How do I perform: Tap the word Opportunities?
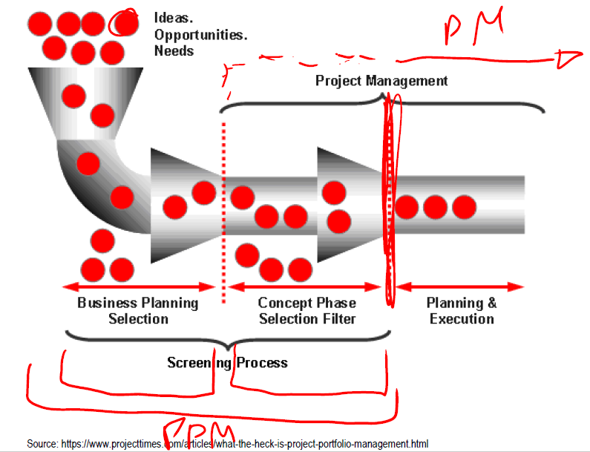tap(200, 34)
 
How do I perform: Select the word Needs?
tap(174, 51)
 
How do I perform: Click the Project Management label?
tap(381, 81)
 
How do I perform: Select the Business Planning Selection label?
tap(138, 311)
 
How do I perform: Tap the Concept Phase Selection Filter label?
tap(307, 311)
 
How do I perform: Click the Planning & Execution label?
tap(462, 311)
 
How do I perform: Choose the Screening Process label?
tap(227, 363)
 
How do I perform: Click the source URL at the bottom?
tap(228, 444)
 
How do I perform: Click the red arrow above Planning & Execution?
tap(459, 287)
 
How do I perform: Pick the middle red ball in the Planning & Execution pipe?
tap(436, 206)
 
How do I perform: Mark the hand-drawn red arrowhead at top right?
tap(568, 58)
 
